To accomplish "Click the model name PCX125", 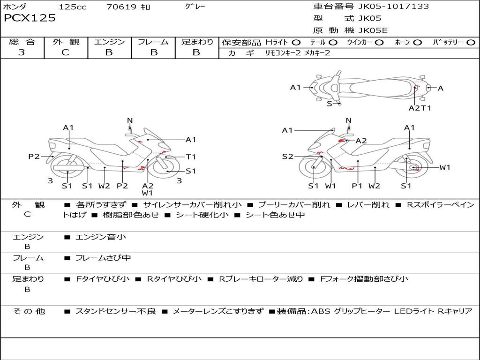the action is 30,18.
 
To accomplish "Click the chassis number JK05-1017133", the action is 393,6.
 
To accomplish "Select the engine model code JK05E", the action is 373,30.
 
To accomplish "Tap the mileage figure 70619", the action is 121,7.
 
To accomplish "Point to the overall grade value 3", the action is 22,52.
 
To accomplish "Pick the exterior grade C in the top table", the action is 65,52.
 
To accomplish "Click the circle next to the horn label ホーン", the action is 418,43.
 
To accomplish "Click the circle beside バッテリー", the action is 471,43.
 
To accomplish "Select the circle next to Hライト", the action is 296,43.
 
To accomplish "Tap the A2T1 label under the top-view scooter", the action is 420,108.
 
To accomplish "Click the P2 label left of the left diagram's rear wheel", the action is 34,157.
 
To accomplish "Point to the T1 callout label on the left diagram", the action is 191,157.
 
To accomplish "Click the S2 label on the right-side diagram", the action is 287,157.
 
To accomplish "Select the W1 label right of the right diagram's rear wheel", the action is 445,167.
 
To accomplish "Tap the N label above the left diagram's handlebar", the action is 130,120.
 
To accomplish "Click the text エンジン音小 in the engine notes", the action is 101,237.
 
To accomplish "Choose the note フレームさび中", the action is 103,258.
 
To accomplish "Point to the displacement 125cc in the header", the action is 73,7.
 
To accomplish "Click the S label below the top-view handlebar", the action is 330,104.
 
